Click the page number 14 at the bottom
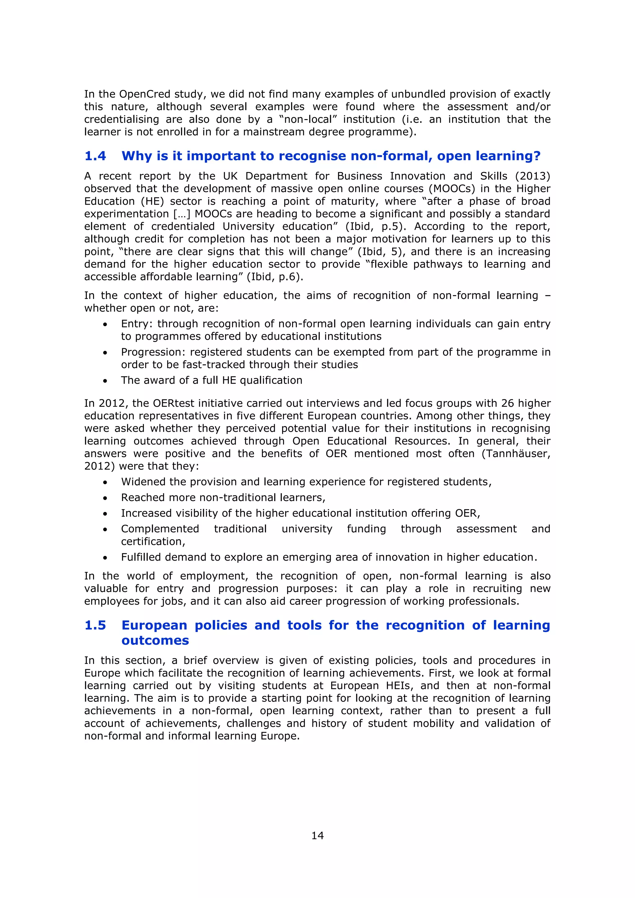pos(317,836)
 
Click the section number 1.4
pos(95,156)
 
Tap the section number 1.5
pos(95,625)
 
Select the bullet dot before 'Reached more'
pos(105,498)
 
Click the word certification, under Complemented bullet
pos(153,542)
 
